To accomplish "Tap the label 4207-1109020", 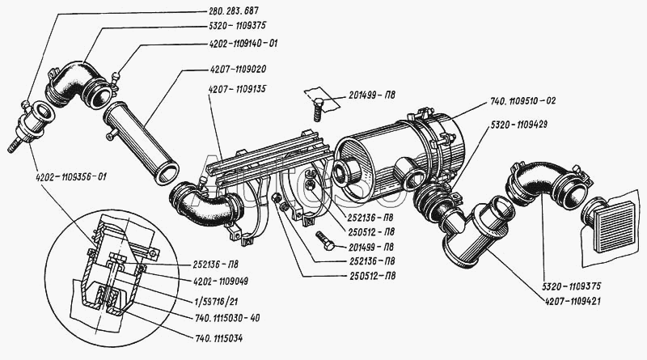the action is coord(238,70).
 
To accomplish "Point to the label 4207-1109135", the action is coord(238,89).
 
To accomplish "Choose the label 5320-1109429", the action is coord(518,125).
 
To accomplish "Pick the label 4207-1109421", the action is coord(573,302).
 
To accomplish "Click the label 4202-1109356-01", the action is coord(69,177).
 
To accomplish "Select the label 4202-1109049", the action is coord(220,282).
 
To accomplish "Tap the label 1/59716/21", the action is coord(216,302).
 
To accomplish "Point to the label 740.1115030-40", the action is coord(227,318).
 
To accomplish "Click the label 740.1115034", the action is coord(218,338).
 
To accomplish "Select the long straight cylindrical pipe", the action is coord(141,142).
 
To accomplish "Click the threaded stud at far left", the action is coord(15,146).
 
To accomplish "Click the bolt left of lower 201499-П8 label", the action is coord(326,242).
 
